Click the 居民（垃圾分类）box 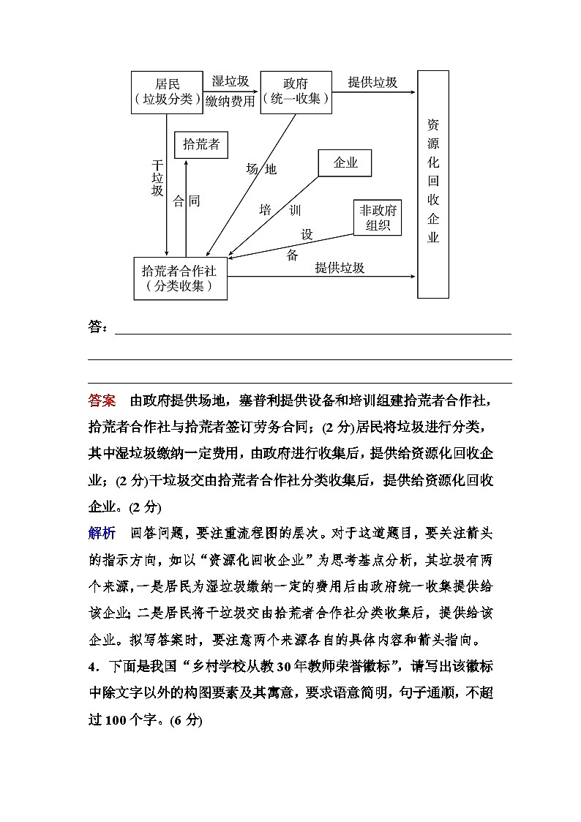tap(167, 92)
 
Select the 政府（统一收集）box tap(296, 92)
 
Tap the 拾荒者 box tap(201, 144)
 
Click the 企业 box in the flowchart tap(345, 163)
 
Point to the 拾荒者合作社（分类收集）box tap(180, 278)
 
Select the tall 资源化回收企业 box tap(433, 184)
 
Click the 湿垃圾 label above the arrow tap(230, 81)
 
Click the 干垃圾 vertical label tap(157, 178)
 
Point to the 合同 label tap(186, 201)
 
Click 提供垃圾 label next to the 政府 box tap(372, 82)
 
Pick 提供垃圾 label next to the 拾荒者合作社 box tap(340, 268)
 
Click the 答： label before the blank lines tap(98, 326)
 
